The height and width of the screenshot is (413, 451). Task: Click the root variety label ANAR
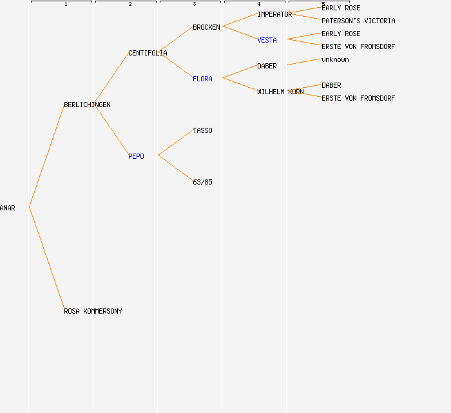click(x=8, y=208)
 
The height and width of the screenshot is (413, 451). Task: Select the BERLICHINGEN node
click(x=87, y=105)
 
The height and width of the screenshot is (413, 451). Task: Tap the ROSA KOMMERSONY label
click(x=93, y=311)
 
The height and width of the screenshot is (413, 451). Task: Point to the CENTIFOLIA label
click(x=148, y=54)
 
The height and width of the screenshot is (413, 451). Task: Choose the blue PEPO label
click(x=136, y=156)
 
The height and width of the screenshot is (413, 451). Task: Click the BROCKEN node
click(x=206, y=27)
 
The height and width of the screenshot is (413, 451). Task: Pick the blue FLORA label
click(x=202, y=79)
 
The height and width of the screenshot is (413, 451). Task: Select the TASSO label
click(x=202, y=131)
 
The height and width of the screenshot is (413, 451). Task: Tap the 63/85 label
click(x=202, y=183)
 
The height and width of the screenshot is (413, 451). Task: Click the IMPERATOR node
click(x=274, y=14)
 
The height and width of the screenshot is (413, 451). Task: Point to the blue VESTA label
click(x=267, y=40)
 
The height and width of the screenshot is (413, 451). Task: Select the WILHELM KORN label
click(x=280, y=92)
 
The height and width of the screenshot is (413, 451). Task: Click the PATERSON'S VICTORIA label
click(x=358, y=21)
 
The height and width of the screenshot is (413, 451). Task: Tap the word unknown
click(x=335, y=59)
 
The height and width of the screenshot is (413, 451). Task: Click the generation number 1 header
click(x=66, y=4)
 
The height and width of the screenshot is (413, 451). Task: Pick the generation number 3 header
click(x=195, y=4)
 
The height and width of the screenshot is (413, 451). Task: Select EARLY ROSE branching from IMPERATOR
click(x=341, y=8)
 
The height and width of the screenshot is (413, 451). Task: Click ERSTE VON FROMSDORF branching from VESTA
click(x=358, y=46)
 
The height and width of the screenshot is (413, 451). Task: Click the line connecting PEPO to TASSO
click(x=176, y=143)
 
